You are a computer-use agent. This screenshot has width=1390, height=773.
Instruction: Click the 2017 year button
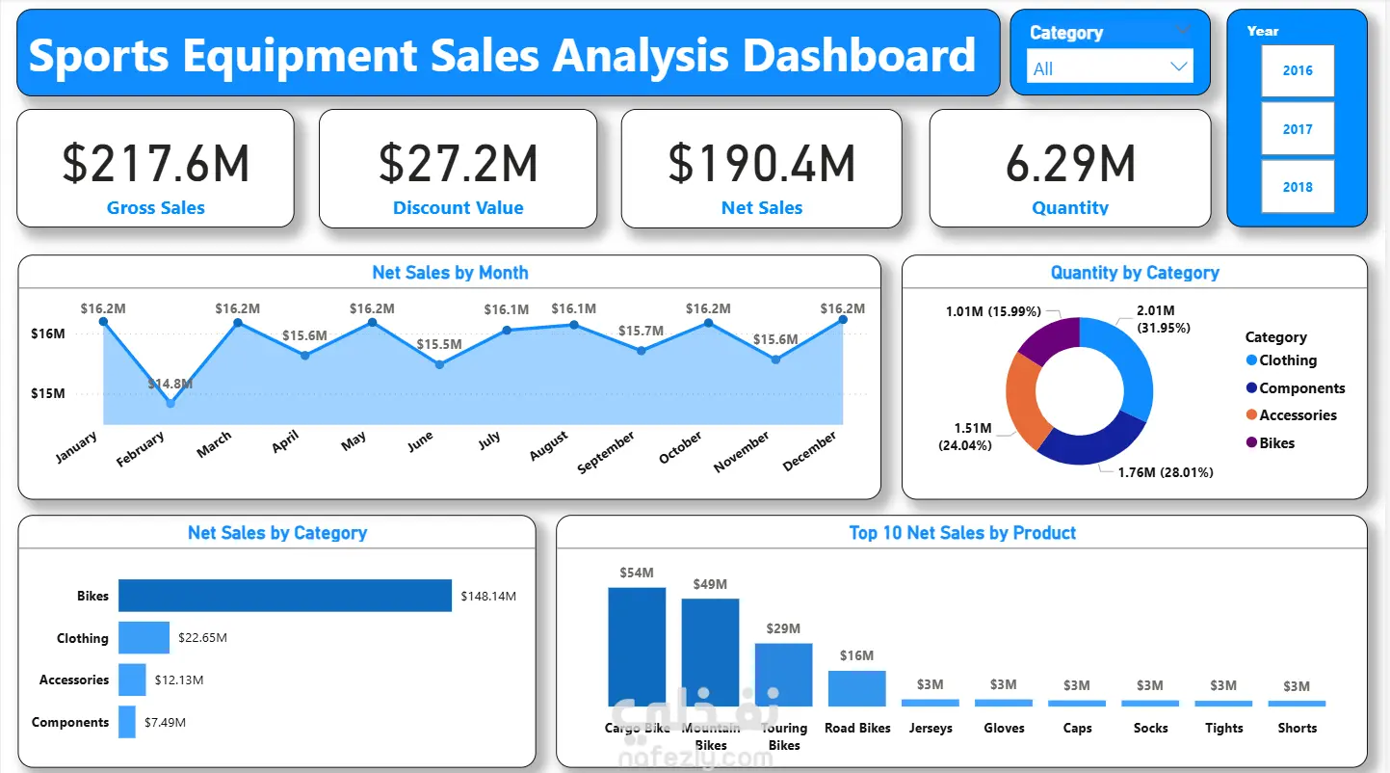[1298, 129]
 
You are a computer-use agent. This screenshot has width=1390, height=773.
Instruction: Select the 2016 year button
[1298, 70]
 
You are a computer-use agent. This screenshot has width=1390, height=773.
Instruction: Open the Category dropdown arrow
[1178, 67]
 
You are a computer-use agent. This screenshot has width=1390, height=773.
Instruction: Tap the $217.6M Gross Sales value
[156, 164]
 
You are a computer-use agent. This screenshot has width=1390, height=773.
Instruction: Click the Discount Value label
[459, 208]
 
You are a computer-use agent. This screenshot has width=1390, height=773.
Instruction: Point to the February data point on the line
[170, 403]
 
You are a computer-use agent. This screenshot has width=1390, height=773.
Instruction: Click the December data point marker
[843, 319]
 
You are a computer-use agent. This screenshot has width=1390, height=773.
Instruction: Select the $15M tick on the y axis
[47, 393]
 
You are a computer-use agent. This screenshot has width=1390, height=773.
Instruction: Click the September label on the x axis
[607, 452]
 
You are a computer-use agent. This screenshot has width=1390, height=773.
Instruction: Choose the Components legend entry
[1301, 388]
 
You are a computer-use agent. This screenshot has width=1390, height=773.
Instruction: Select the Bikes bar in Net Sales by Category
[285, 596]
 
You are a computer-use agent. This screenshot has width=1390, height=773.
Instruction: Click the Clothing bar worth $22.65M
[144, 638]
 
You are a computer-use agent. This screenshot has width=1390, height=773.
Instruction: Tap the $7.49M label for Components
[165, 722]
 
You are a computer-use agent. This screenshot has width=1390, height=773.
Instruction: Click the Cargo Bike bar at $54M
[637, 647]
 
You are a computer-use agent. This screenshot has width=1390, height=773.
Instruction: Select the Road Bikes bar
[856, 688]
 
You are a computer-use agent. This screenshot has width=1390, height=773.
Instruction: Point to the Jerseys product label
[931, 729]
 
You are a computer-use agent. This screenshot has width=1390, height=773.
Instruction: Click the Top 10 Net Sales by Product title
[962, 533]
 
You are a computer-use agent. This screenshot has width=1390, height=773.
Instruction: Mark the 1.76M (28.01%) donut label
[1165, 472]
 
